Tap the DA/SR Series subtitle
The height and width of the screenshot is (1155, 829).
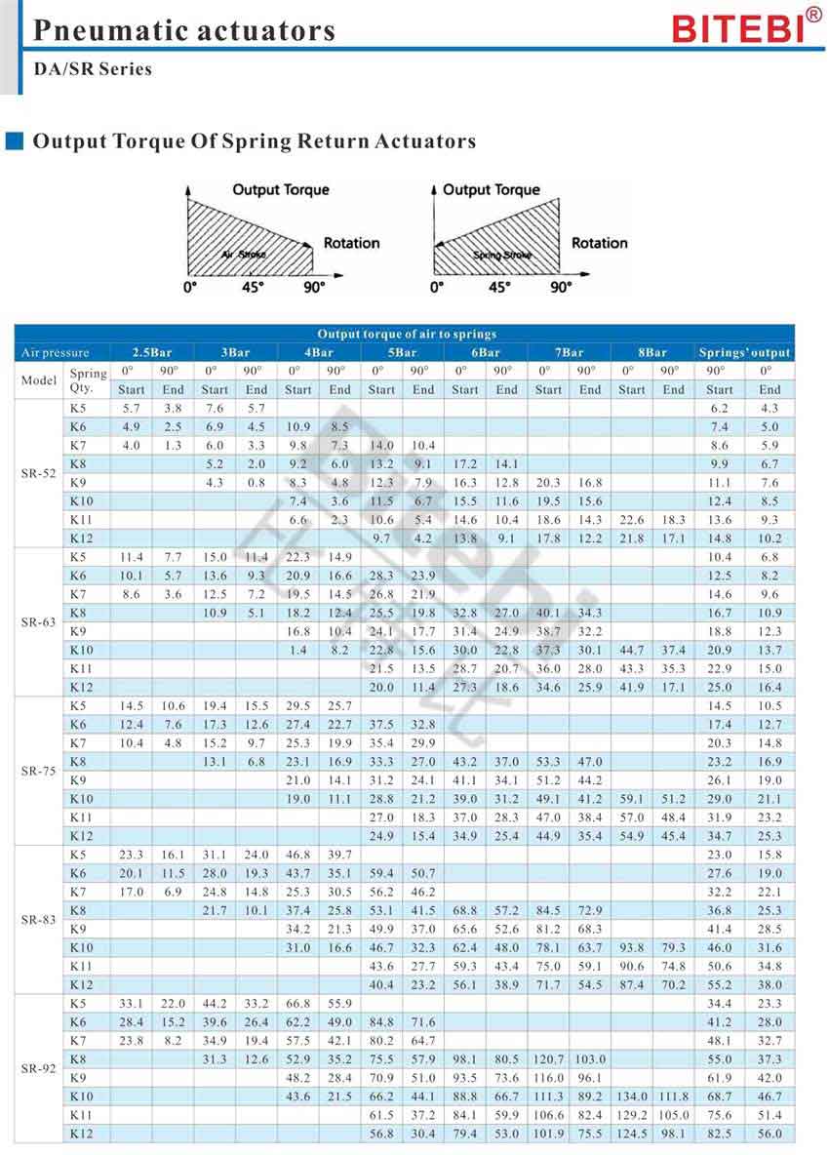(x=93, y=69)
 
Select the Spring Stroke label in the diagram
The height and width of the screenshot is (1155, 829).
(x=501, y=255)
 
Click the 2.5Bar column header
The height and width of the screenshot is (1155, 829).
(x=152, y=352)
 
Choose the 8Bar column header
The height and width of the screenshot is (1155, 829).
(x=652, y=352)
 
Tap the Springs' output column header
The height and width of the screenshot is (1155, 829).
(x=744, y=352)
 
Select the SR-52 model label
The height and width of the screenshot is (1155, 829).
(x=39, y=473)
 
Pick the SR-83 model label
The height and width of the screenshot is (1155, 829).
(x=39, y=919)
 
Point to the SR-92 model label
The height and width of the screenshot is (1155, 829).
(x=39, y=1067)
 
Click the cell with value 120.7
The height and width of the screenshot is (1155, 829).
(x=547, y=1058)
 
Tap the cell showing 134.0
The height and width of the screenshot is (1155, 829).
(x=632, y=1095)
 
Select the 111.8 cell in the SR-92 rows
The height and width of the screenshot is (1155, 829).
(x=674, y=1095)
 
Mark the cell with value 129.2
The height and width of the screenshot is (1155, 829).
(x=632, y=1114)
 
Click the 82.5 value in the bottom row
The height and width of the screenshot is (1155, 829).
(x=719, y=1133)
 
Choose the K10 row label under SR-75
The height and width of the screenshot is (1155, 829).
(x=82, y=798)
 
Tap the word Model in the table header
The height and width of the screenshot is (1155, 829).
(x=39, y=379)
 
